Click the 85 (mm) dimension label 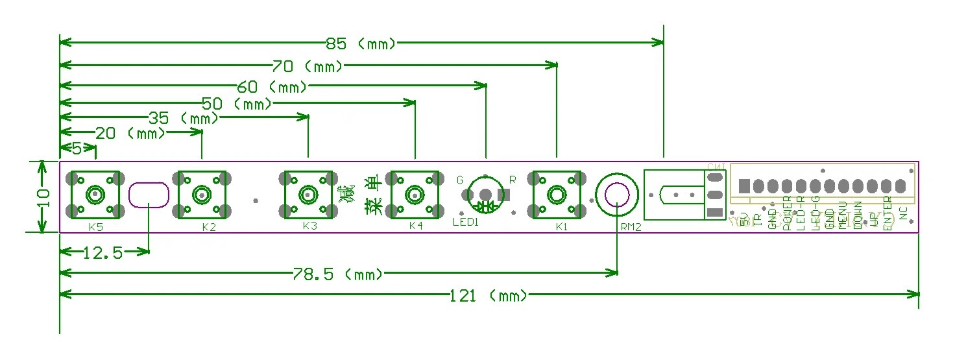click(x=361, y=44)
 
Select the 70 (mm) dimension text click(x=308, y=66)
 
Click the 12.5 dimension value click(x=103, y=253)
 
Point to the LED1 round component click(x=485, y=193)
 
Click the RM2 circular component click(x=616, y=194)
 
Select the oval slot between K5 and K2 click(x=149, y=195)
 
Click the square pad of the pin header click(x=744, y=186)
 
